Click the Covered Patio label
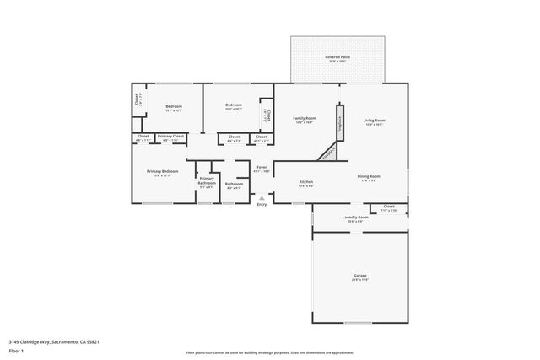click(337, 57)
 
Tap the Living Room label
click(374, 121)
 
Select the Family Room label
click(304, 118)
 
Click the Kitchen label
click(306, 182)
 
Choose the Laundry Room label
click(355, 218)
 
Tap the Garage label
click(359, 277)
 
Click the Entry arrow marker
click(262, 198)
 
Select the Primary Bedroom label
click(162, 172)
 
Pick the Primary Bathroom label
click(207, 180)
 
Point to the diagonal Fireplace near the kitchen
click(328, 152)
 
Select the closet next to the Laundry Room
click(389, 207)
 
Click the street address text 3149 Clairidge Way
click(48, 342)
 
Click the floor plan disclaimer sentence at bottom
click(269, 352)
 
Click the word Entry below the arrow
click(262, 204)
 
